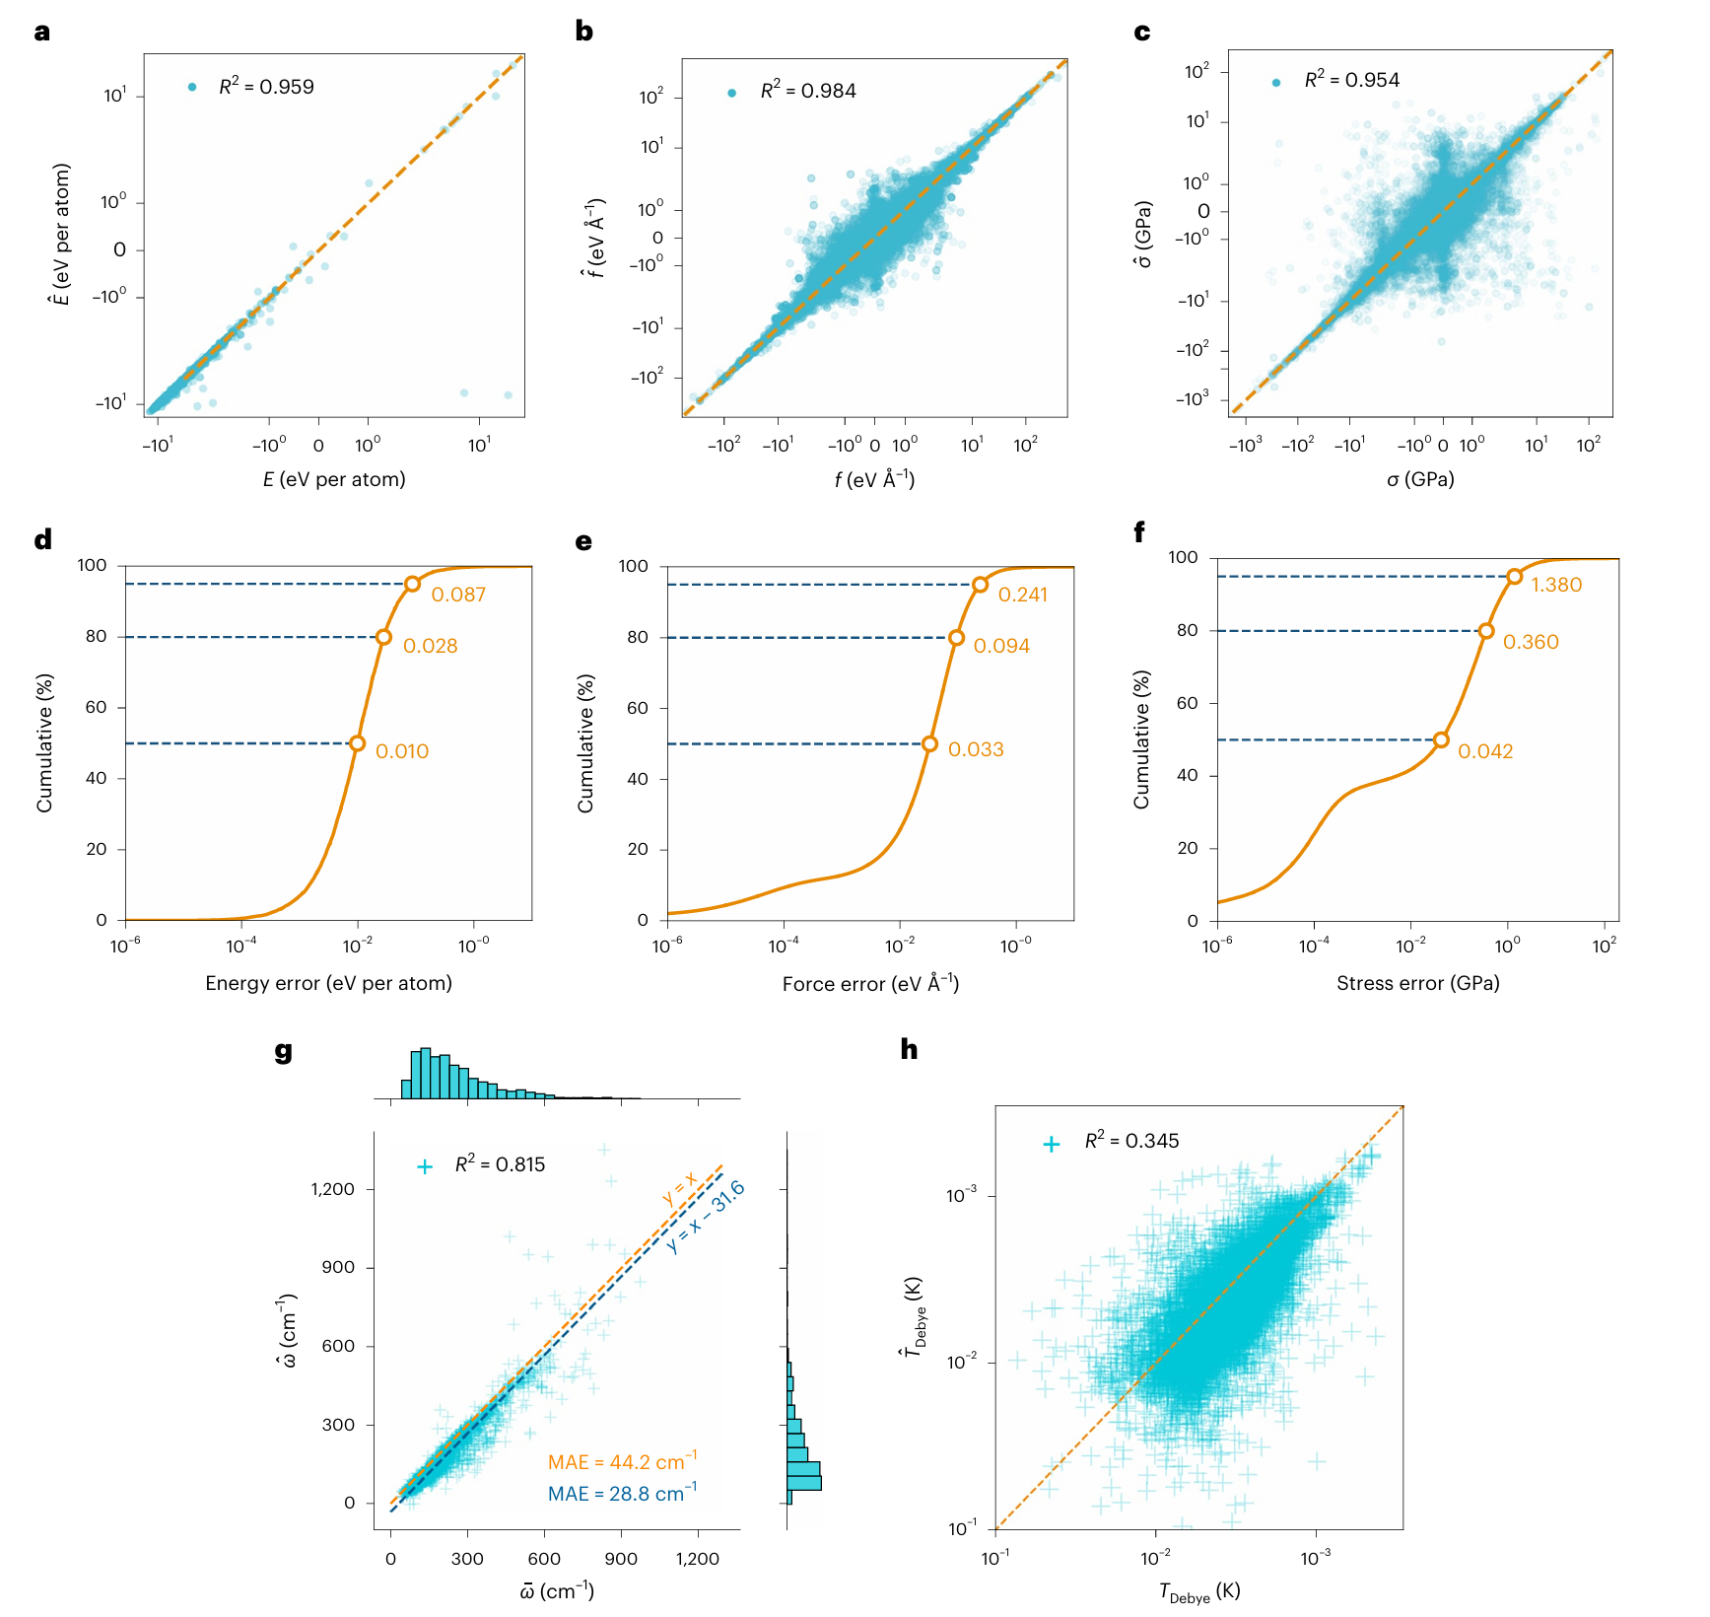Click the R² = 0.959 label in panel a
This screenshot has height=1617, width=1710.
pyautogui.click(x=266, y=87)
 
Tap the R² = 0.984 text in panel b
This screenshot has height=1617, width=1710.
pyautogui.click(x=808, y=91)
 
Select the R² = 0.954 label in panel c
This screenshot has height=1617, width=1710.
pyautogui.click(x=1351, y=80)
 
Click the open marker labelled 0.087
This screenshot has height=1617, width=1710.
pyautogui.click(x=413, y=584)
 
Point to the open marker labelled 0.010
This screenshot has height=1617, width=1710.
pyautogui.click(x=358, y=743)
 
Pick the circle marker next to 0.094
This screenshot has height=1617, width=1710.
pyautogui.click(x=956, y=638)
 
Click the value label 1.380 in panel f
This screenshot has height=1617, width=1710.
pyautogui.click(x=1556, y=585)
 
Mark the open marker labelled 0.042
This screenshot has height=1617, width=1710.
pyautogui.click(x=1441, y=739)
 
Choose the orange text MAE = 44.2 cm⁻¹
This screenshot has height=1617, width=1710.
pyautogui.click(x=622, y=1462)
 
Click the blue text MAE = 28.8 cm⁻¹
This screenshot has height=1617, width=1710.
pyautogui.click(x=622, y=1494)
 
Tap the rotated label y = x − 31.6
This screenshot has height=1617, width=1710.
pyautogui.click(x=706, y=1217)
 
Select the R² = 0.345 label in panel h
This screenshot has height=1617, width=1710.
pyautogui.click(x=1131, y=1141)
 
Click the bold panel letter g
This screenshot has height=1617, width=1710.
pyautogui.click(x=284, y=1050)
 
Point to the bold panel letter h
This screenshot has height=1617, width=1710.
pyautogui.click(x=909, y=1049)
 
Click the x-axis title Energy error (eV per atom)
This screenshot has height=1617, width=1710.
pyautogui.click(x=328, y=983)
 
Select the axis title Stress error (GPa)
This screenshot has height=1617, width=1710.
pyautogui.click(x=1417, y=983)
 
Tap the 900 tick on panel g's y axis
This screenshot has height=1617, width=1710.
pyautogui.click(x=338, y=1267)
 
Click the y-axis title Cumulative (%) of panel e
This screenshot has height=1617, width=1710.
pyautogui.click(x=586, y=743)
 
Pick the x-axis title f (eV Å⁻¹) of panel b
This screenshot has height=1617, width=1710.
pyautogui.click(x=874, y=479)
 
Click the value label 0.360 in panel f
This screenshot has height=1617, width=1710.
pyautogui.click(x=1531, y=642)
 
